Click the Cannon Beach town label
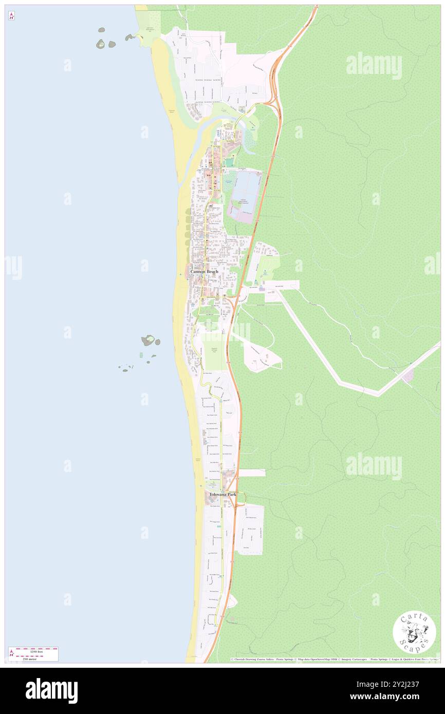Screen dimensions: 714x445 point(205,271)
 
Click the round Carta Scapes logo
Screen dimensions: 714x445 point(414,632)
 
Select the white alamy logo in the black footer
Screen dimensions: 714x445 point(51,690)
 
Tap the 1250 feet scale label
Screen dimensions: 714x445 point(36,651)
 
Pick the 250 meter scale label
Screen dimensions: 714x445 point(36,657)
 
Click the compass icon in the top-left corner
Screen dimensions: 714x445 point(11,16)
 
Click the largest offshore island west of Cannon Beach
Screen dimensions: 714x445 point(148,340)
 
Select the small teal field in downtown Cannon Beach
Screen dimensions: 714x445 point(228,162)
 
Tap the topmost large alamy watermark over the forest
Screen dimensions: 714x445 point(374,66)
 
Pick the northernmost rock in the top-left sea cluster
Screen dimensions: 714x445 point(101,30)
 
